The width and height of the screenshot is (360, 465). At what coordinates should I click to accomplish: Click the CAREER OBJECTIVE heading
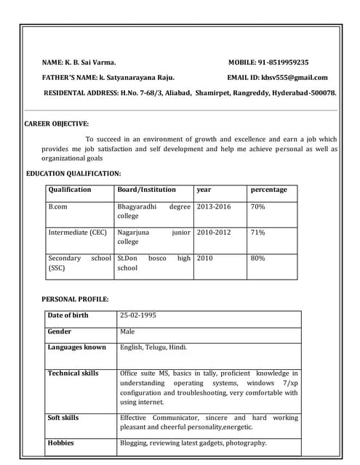[57, 124]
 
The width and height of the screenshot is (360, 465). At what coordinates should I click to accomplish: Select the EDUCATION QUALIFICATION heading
[73, 174]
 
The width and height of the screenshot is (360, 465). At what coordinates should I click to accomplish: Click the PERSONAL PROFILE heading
[75, 299]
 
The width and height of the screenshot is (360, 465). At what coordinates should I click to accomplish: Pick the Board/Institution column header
[146, 190]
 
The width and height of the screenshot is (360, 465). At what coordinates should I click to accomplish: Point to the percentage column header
[268, 190]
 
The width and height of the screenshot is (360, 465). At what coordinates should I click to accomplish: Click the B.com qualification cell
[58, 207]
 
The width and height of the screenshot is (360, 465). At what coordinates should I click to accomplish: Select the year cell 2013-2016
[213, 207]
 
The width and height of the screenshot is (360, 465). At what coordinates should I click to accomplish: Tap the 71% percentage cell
[257, 232]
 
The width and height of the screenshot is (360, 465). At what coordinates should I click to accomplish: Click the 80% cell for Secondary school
[257, 258]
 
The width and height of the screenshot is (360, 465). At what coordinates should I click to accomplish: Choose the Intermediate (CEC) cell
[77, 232]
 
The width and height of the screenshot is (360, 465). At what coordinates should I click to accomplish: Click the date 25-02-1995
[137, 315]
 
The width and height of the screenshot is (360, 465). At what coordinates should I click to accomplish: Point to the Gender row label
[60, 331]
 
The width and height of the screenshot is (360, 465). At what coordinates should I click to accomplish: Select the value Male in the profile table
[127, 331]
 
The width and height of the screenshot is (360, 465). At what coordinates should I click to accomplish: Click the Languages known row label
[76, 347]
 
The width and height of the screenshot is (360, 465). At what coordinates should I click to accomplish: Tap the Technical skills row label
[73, 373]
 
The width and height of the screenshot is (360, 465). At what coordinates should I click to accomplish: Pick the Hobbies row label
[60, 442]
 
